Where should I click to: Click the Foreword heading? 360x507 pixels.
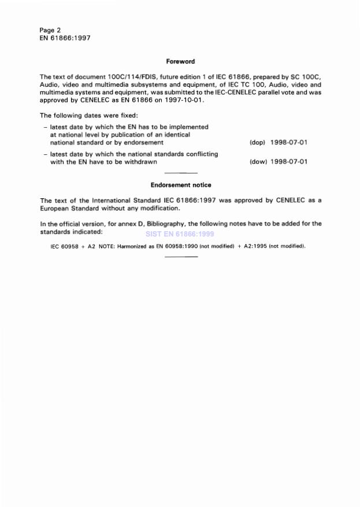pos(180,61)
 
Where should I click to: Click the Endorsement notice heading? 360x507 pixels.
pos(180,185)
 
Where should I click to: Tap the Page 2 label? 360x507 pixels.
pos(50,29)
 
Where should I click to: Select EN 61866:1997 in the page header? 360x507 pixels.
pos(65,38)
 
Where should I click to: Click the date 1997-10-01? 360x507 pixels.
pos(185,99)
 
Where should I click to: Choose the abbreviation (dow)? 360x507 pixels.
pos(258,162)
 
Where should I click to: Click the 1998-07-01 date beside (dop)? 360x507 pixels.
pos(289,142)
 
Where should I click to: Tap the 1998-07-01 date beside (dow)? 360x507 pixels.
pos(289,162)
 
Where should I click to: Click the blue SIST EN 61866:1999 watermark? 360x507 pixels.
pos(180,234)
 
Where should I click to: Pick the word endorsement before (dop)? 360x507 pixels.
pos(144,142)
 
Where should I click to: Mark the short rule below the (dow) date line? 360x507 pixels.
pos(181,173)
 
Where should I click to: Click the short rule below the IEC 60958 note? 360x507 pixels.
pos(181,257)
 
